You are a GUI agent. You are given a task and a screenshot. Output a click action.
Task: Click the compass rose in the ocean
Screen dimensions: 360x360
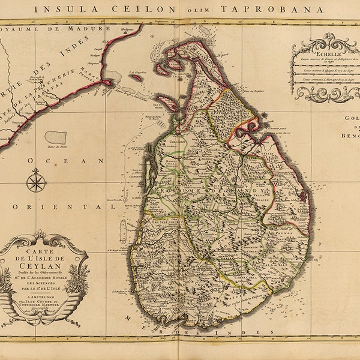click(37, 181)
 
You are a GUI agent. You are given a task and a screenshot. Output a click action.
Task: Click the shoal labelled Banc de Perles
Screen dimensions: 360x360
click(55, 137)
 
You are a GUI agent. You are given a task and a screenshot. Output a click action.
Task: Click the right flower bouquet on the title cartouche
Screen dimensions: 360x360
click(76, 280)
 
